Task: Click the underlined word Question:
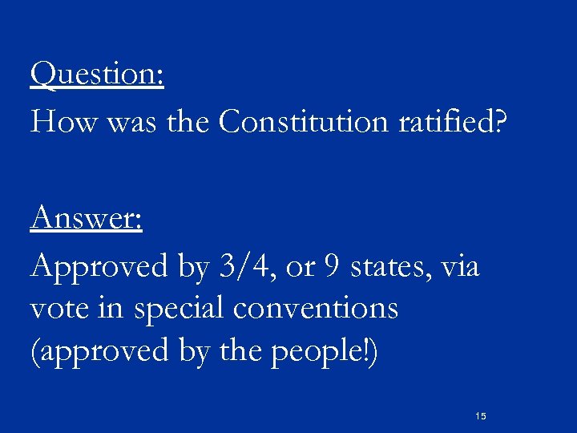(x=97, y=75)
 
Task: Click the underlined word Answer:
(x=86, y=217)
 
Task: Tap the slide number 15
(x=481, y=416)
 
